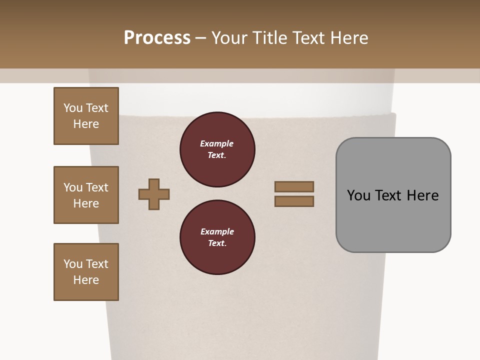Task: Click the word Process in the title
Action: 157,38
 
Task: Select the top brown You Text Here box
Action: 86,116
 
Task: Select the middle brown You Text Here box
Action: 86,195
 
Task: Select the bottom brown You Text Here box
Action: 86,272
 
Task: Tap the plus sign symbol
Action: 154,194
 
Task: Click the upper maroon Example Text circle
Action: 217,149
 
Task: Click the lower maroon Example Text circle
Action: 217,237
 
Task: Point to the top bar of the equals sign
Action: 294,186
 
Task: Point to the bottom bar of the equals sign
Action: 294,201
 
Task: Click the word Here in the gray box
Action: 422,195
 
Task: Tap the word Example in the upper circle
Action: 217,143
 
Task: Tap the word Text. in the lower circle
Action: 217,243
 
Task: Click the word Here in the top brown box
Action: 86,124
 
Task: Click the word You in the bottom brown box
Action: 73,264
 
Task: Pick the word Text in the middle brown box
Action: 97,187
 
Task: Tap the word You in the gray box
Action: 358,195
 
